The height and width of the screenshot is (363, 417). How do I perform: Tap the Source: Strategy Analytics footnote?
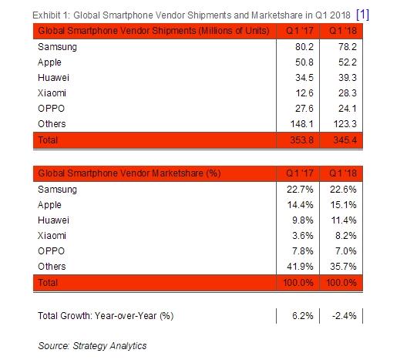(x=92, y=346)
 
